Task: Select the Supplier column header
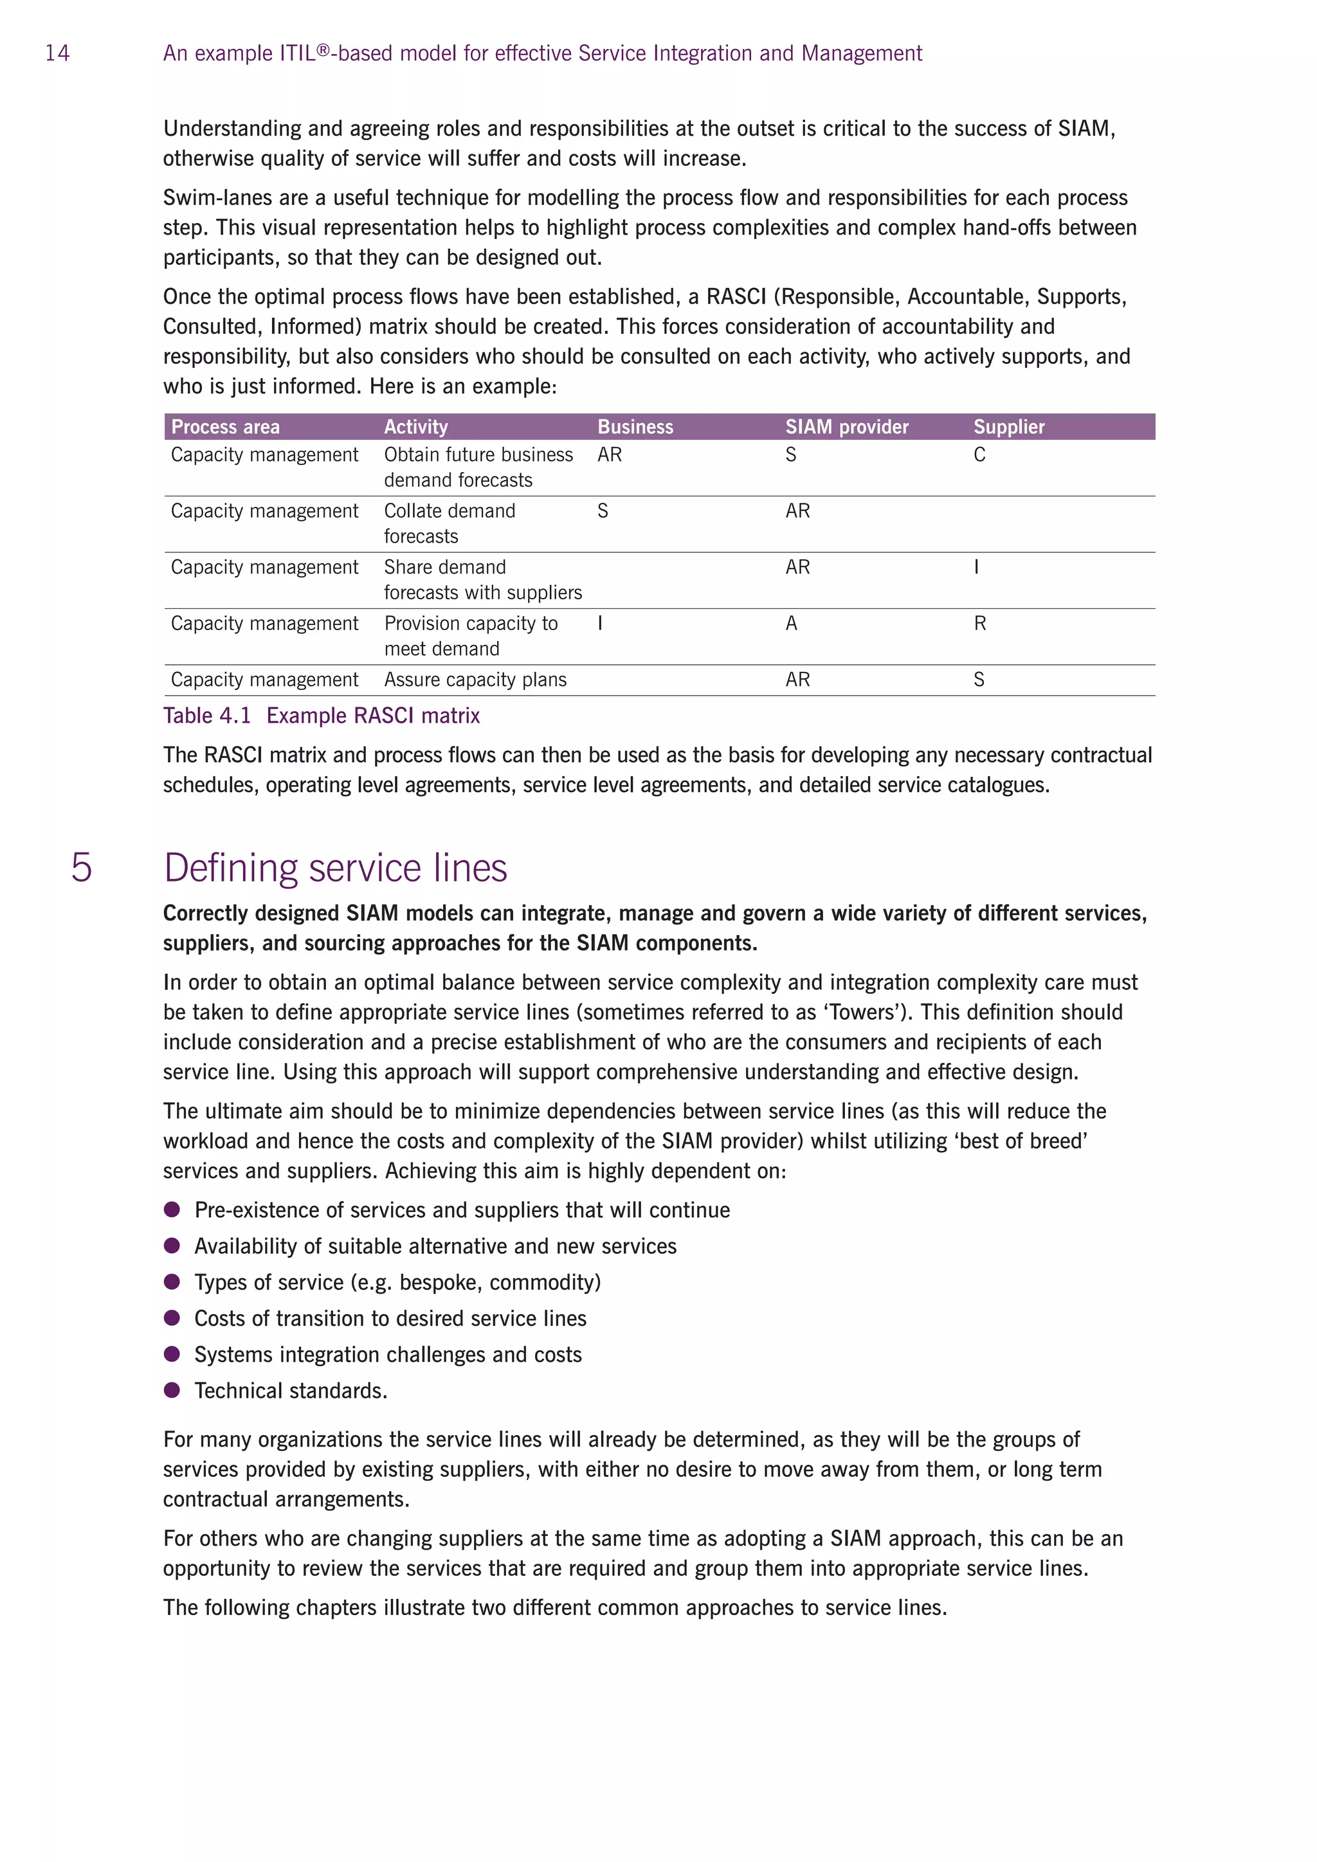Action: coord(1008,426)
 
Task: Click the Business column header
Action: coord(634,426)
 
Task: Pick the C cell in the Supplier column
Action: coord(979,455)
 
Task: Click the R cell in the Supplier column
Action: coord(979,624)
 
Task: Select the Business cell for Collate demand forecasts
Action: coord(603,511)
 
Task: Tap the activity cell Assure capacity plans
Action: coord(475,680)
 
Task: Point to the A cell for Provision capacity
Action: coord(791,624)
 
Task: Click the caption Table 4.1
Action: coord(207,715)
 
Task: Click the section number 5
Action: coord(81,868)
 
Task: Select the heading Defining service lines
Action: coord(335,868)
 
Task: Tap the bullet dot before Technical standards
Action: coord(172,1390)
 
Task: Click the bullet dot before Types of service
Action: coord(172,1281)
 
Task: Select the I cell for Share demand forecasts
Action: coord(976,568)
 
